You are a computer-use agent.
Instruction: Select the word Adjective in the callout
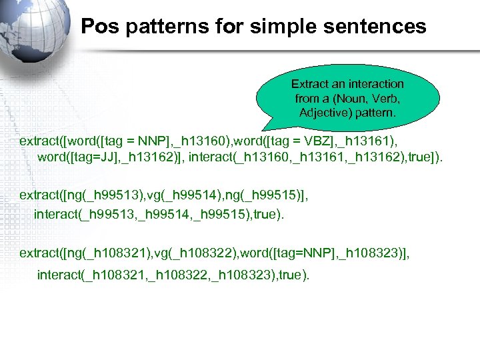(x=325, y=113)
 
